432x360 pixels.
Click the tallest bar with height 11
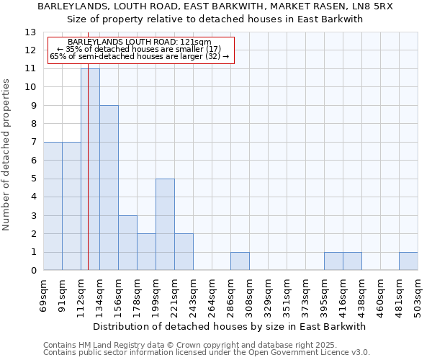tap(90, 169)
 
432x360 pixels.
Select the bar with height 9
tap(109, 188)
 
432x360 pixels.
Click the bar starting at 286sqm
tap(240, 261)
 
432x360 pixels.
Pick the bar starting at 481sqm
tap(408, 261)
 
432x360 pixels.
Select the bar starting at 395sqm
tap(333, 261)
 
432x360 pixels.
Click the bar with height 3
tap(127, 243)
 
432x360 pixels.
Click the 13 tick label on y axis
tap(30, 32)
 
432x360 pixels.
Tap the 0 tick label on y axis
tap(33, 271)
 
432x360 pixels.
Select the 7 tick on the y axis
tap(33, 143)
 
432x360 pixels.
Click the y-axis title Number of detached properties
tap(7, 156)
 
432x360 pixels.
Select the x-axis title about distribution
tap(230, 326)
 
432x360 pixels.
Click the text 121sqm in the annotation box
tap(197, 42)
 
